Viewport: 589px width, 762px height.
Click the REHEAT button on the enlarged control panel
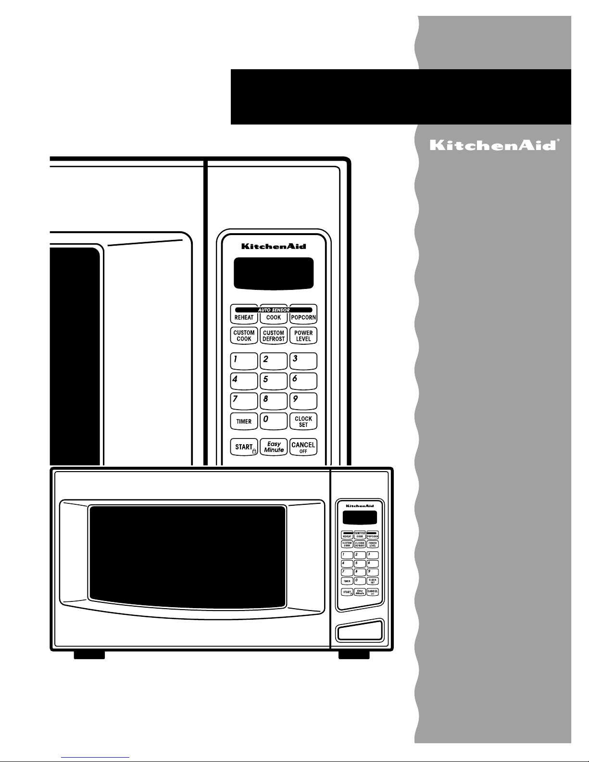[244, 316]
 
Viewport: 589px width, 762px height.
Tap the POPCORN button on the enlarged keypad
[303, 316]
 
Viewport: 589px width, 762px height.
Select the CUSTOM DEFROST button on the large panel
[274, 336]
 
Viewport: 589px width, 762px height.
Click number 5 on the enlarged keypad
[274, 381]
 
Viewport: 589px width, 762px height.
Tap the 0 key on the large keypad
[274, 421]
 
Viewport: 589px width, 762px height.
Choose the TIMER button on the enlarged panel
[244, 421]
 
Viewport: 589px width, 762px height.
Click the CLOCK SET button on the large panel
[303, 421]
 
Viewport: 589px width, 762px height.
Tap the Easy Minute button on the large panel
[274, 447]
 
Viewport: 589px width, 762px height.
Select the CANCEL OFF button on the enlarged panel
[303, 447]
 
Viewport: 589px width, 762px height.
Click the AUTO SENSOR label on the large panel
[274, 310]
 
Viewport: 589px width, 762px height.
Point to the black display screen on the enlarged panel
[274, 273]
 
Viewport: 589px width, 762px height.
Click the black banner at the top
[401, 97]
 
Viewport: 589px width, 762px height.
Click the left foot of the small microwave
[89, 654]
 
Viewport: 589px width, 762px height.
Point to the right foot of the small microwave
[354, 654]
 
